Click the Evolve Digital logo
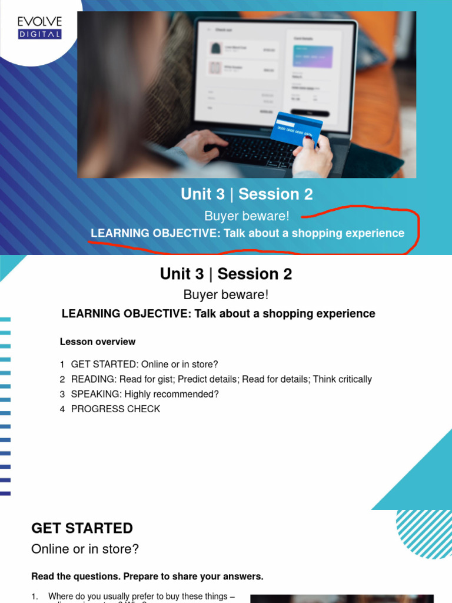[x=39, y=28]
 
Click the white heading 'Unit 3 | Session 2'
[x=247, y=194]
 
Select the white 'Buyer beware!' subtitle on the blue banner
[x=247, y=216]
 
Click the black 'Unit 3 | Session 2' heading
[x=226, y=274]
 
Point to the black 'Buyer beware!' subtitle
[x=226, y=294]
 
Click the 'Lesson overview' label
[x=98, y=342]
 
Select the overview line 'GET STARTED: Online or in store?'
[x=144, y=365]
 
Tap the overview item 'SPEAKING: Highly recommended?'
[x=144, y=394]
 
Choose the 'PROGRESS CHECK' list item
[x=115, y=409]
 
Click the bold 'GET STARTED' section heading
[x=82, y=528]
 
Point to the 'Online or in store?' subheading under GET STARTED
[x=85, y=549]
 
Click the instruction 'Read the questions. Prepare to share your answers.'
[x=147, y=577]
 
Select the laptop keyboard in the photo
[x=253, y=147]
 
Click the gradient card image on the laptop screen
[x=313, y=57]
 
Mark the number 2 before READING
[x=62, y=379]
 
